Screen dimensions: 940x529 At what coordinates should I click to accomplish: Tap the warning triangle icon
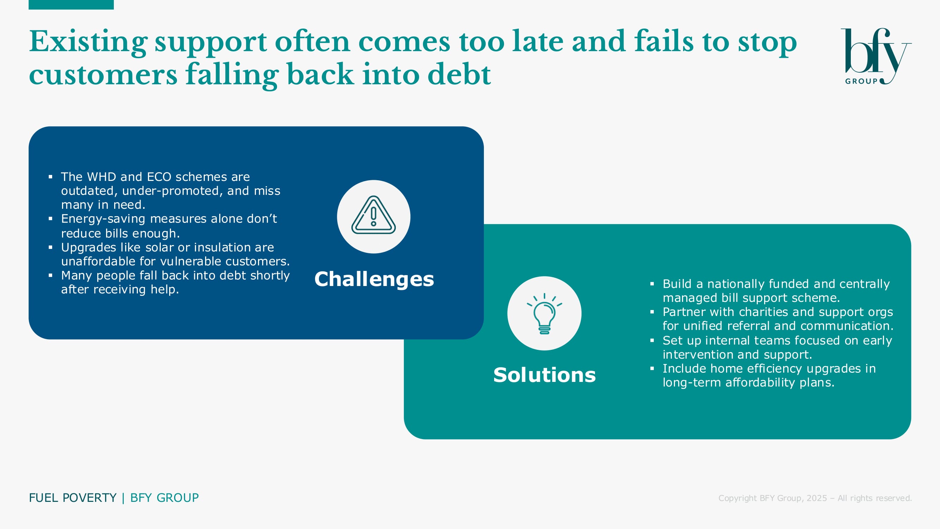coord(373,215)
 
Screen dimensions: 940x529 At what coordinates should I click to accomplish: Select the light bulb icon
coord(545,313)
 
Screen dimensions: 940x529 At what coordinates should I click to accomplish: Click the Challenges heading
coord(374,279)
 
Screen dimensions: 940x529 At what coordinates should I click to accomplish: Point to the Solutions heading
coord(545,375)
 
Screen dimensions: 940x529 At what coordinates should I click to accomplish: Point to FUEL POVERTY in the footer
coord(73,498)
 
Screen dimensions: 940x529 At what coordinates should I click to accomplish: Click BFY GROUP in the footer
coord(165,498)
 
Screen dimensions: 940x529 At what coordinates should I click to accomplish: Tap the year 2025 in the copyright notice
coord(816,498)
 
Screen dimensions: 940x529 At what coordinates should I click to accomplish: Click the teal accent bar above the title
coord(71,4)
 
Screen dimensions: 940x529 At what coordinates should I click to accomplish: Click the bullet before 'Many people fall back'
coord(50,275)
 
